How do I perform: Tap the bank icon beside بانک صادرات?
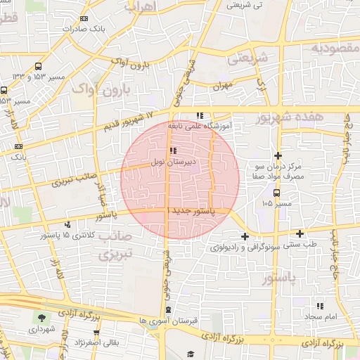click(84, 19)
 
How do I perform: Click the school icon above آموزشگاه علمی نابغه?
click(200, 116)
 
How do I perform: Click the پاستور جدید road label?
click(192, 211)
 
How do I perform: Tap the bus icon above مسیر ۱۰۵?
click(277, 192)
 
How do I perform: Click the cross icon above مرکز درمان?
click(278, 155)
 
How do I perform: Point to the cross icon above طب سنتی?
click(300, 233)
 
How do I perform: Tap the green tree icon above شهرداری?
click(41, 317)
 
